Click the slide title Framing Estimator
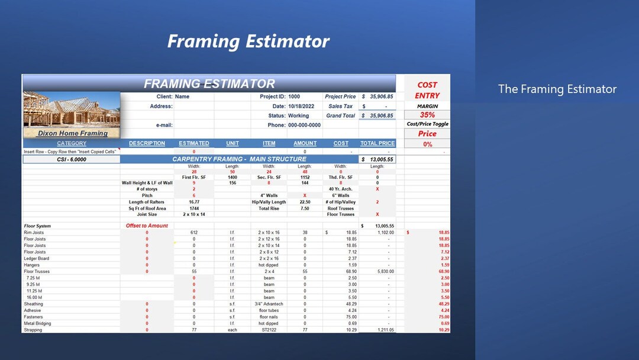[x=248, y=41]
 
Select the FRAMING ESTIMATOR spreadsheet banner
[x=209, y=83]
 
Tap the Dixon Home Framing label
[x=72, y=133]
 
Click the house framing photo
[x=72, y=110]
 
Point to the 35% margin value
[x=427, y=115]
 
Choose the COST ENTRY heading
[x=427, y=90]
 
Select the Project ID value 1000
[x=294, y=97]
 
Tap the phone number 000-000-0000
[x=304, y=125]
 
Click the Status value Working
[x=298, y=115]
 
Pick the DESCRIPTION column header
[x=147, y=143]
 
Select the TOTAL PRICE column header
[x=377, y=143]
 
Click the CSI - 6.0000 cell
[x=71, y=159]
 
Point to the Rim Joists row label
[x=34, y=233]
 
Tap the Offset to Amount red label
[x=147, y=226]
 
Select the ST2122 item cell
[x=269, y=330]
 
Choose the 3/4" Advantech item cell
[x=269, y=304]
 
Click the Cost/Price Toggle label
[x=427, y=124]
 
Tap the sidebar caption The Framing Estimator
[x=557, y=89]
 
